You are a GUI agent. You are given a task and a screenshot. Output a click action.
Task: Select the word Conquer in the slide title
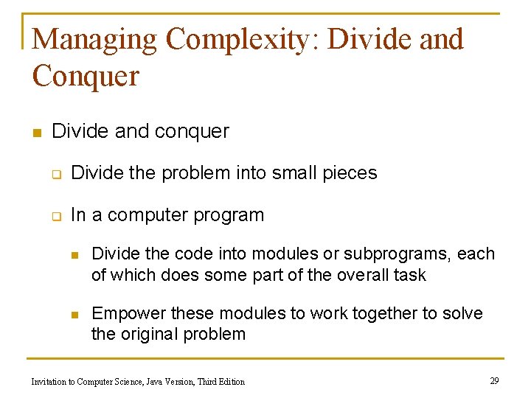pos(86,75)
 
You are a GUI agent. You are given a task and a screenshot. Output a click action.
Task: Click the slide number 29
pos(494,380)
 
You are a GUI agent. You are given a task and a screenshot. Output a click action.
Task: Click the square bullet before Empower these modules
pos(74,315)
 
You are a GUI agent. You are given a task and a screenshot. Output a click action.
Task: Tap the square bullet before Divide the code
pos(74,255)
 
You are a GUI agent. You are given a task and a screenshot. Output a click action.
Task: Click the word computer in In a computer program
pos(147,216)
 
